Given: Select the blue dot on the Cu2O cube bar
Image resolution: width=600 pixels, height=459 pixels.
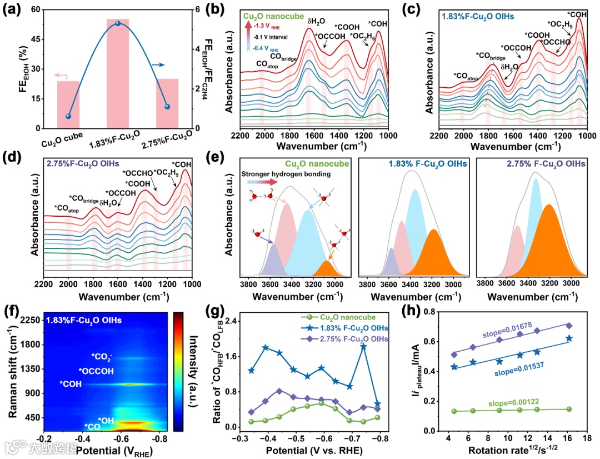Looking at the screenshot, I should pos(68,116).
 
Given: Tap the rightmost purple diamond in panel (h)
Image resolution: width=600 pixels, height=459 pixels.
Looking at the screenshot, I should pos(569,326).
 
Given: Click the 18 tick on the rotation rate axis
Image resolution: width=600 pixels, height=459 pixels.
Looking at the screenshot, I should pos(586,437).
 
